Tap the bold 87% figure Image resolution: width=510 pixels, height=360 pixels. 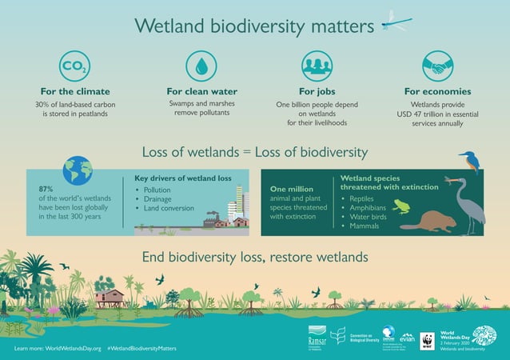coord(46,188)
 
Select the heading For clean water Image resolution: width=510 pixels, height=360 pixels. coord(201,92)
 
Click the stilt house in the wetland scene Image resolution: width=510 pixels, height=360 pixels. coord(110,298)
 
